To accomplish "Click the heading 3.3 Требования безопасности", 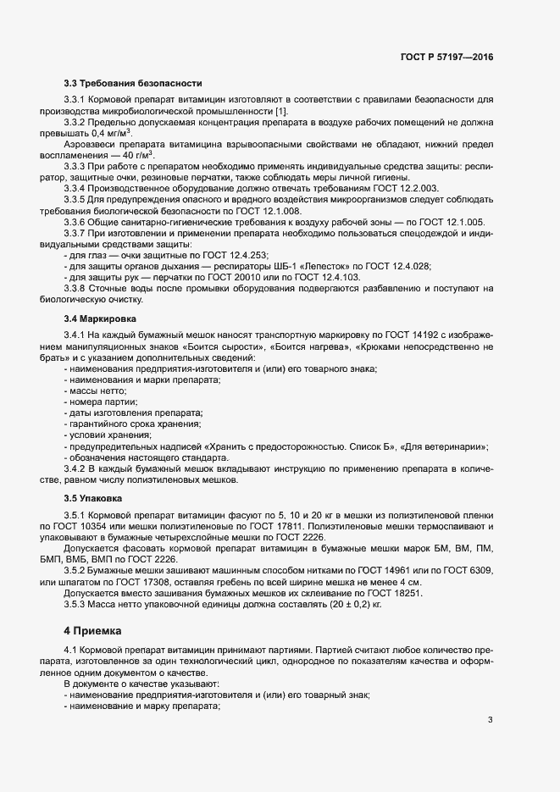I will [x=133, y=83].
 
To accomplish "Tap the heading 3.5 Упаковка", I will [x=93, y=498].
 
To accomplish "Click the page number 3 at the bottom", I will [x=490, y=720].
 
